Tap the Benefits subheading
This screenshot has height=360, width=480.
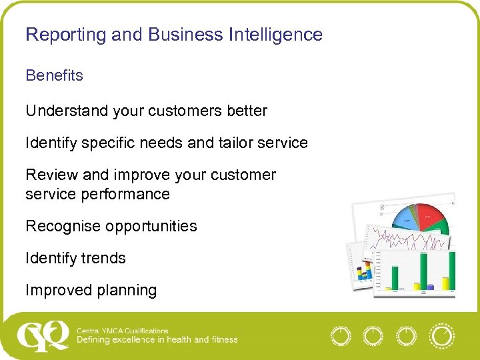54,75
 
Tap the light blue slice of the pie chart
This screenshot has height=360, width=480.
403,219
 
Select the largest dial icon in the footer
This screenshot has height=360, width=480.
441,336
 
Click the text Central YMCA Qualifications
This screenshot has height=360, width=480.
123,331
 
